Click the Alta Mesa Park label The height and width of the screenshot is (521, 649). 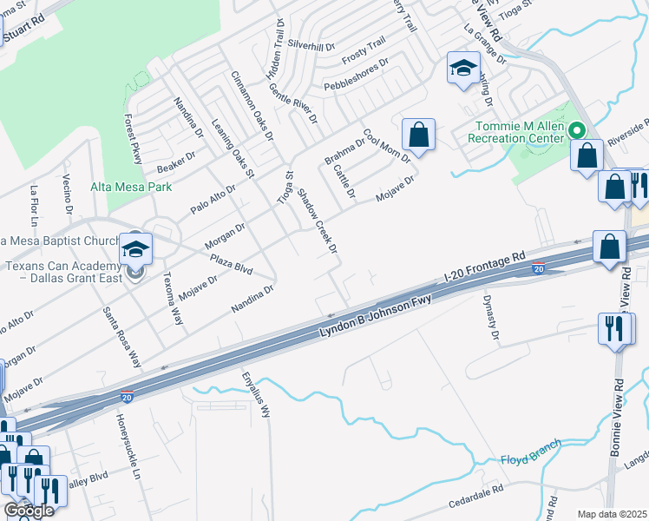point(132,187)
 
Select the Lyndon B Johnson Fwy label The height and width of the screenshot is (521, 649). point(375,317)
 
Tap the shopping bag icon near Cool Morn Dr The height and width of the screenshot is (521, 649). point(418,135)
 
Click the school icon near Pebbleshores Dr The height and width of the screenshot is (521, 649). point(463,68)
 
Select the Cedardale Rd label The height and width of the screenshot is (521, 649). point(475,497)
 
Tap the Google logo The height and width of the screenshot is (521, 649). point(28,511)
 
